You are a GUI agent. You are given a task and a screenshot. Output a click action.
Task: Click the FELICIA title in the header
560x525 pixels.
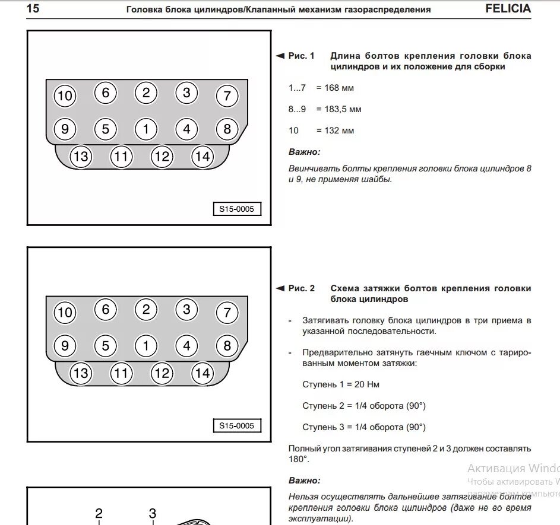point(508,9)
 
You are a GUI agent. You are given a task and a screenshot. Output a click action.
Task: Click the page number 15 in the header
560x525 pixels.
point(33,9)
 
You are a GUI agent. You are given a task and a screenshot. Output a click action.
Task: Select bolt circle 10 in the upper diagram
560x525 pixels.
point(65,96)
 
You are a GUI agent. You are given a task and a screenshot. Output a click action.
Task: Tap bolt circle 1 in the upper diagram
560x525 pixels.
point(145,129)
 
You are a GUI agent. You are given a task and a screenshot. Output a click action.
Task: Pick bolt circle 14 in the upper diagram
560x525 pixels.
point(203,157)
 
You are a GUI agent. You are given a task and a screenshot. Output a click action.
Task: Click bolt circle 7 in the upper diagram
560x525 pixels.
point(226,96)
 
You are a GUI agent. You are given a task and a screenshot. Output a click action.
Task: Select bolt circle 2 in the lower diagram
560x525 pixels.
point(145,309)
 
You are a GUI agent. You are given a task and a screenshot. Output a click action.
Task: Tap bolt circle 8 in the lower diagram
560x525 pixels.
point(226,345)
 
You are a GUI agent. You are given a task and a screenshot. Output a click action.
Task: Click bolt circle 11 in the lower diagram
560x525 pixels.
point(121,373)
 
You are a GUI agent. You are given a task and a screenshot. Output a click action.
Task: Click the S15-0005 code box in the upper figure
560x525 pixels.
point(236,209)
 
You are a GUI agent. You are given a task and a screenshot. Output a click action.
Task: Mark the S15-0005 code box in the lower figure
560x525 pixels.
point(236,425)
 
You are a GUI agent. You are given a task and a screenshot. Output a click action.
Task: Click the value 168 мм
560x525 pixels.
point(339,88)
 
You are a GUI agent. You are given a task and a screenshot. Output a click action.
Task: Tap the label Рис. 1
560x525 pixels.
point(302,56)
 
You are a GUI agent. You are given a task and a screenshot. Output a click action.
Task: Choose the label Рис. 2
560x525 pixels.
point(302,288)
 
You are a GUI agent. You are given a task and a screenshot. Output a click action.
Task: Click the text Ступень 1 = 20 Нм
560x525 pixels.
point(340,384)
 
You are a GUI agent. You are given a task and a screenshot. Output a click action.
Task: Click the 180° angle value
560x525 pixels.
point(299,459)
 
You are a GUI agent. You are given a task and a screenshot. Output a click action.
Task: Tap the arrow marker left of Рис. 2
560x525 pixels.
point(280,288)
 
